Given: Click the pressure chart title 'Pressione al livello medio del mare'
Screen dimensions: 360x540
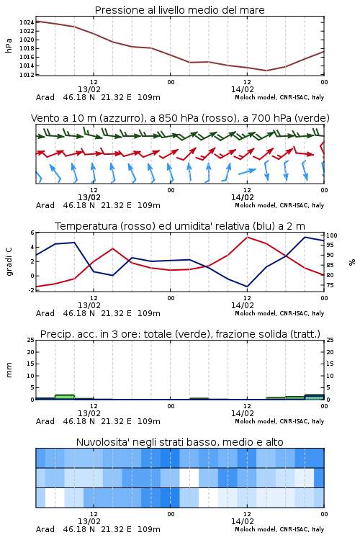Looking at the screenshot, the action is pyautogui.click(x=179, y=10).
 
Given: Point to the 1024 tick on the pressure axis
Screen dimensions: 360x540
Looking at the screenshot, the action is pyautogui.click(x=27, y=23).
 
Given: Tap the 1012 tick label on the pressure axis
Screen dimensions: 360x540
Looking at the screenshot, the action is pyautogui.click(x=27, y=75).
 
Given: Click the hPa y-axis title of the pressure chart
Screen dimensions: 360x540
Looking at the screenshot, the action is pyautogui.click(x=9, y=45).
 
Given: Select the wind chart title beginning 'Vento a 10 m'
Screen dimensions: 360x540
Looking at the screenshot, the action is pyautogui.click(x=180, y=118).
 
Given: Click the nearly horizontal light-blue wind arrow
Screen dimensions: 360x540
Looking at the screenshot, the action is pyautogui.click(x=248, y=171).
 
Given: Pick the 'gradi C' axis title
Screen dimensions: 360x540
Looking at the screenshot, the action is pyautogui.click(x=9, y=261).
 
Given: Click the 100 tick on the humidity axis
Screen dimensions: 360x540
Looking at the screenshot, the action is pyautogui.click(x=331, y=235).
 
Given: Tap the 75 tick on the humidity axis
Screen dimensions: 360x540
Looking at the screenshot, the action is pyautogui.click(x=330, y=285).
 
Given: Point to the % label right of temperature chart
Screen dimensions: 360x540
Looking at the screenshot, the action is pyautogui.click(x=352, y=262).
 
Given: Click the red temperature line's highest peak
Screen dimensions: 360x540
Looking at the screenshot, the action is pyautogui.click(x=248, y=237).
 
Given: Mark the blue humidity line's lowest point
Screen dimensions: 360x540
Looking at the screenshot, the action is pyautogui.click(x=247, y=287).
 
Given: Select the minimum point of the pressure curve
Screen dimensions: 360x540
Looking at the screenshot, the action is pyautogui.click(x=266, y=71).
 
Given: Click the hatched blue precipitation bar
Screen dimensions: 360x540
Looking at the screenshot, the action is pyautogui.click(x=315, y=397).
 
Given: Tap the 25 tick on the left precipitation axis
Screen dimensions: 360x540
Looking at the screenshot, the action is pyautogui.click(x=31, y=340).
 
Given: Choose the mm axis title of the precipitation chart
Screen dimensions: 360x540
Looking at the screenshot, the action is pyautogui.click(x=9, y=370).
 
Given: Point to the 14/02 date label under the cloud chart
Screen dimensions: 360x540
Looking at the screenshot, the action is pyautogui.click(x=243, y=521).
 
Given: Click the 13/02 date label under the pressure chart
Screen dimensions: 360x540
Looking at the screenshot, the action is pyautogui.click(x=89, y=89).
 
